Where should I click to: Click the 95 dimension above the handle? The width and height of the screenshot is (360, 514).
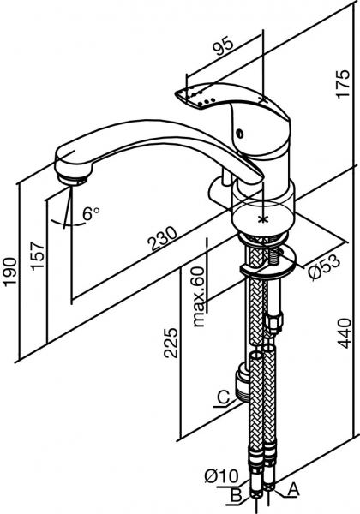pyautogui.click(x=224, y=45)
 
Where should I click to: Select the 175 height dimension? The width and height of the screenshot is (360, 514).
pyautogui.click(x=344, y=83)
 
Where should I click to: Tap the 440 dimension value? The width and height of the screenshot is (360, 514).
pyautogui.click(x=345, y=333)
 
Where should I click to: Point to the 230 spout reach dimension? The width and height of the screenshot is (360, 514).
pyautogui.click(x=163, y=238)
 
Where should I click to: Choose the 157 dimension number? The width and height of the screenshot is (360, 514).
pyautogui.click(x=38, y=255)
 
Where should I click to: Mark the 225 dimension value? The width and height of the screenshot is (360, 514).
pyautogui.click(x=171, y=342)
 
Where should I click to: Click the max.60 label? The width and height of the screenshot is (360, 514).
pyautogui.click(x=199, y=296)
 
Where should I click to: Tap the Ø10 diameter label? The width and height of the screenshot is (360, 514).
pyautogui.click(x=221, y=475)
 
